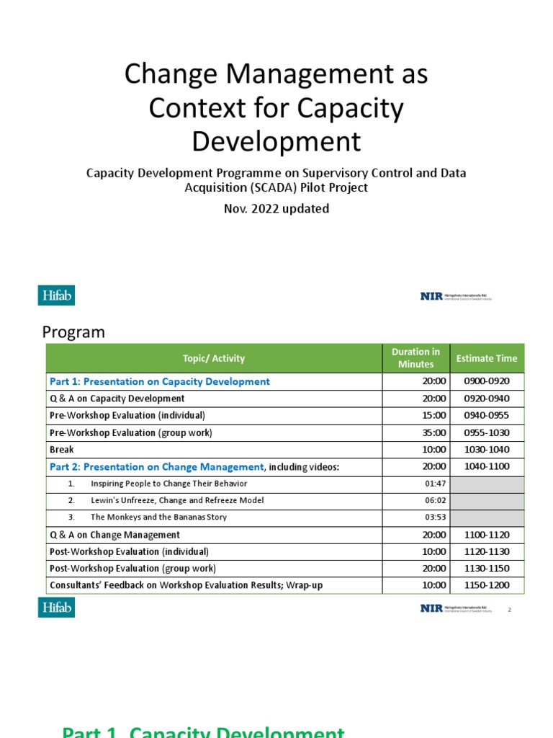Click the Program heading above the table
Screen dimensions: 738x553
tap(73, 332)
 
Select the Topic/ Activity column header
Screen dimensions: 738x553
tap(214, 358)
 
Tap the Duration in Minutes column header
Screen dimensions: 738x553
tap(415, 358)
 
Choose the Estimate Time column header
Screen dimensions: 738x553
tap(487, 358)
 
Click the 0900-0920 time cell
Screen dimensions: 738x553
tap(487, 381)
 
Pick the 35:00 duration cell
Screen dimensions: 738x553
tap(434, 432)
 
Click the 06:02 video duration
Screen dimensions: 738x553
tap(436, 500)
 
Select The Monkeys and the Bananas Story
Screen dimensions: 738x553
tap(158, 517)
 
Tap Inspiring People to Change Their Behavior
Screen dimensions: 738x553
tap(168, 484)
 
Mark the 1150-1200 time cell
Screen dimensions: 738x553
tap(487, 585)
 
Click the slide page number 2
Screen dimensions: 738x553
tap(509, 610)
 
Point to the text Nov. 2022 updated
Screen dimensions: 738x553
tap(276, 209)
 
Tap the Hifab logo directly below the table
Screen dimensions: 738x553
tap(56, 608)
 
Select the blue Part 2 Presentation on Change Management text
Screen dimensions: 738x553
tap(156, 467)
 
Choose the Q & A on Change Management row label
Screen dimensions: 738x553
tap(114, 535)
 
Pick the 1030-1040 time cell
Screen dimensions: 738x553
tap(487, 449)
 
